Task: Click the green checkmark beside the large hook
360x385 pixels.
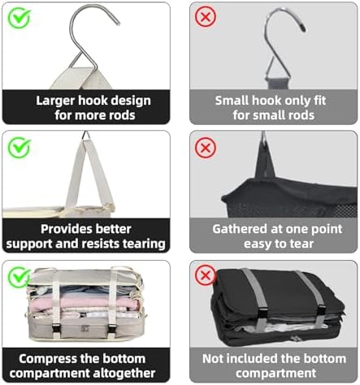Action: [x=19, y=18]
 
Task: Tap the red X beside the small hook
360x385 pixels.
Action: [x=206, y=17]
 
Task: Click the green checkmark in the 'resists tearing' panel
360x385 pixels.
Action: [x=19, y=147]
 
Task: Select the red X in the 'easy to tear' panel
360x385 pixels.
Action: [x=206, y=148]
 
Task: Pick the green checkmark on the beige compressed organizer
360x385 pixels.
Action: [x=19, y=277]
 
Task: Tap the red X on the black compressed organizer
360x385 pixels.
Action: [x=206, y=275]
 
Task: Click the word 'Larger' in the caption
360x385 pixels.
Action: [x=56, y=101]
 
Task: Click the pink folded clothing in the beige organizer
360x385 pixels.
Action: [x=84, y=302]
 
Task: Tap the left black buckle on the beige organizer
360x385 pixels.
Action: [x=56, y=328]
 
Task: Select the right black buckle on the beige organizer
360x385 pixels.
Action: [x=112, y=328]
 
